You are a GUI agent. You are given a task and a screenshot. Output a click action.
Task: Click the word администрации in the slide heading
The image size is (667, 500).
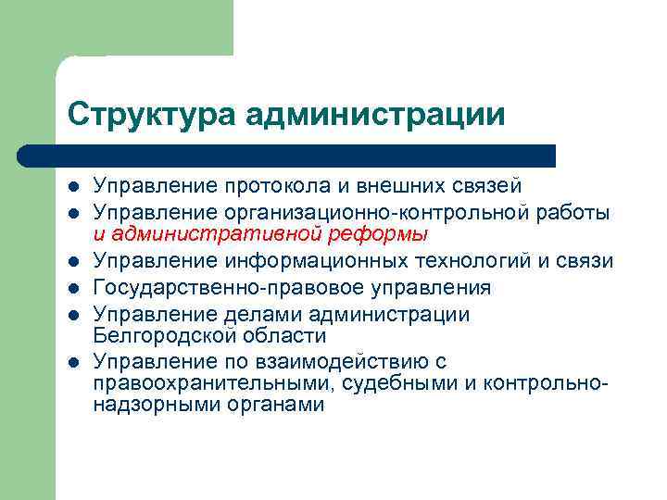click(376, 115)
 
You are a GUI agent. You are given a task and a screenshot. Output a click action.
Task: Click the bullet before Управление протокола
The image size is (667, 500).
click(74, 188)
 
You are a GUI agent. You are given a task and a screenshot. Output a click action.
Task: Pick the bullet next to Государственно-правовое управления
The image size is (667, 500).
click(74, 289)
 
